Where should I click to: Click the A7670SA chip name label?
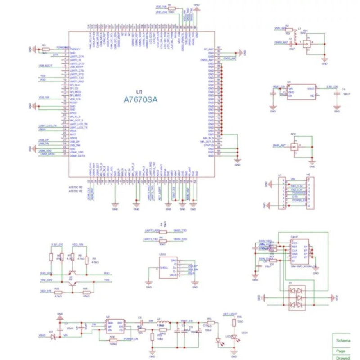140,100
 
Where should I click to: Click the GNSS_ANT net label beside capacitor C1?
280,42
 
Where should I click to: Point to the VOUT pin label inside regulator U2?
310,89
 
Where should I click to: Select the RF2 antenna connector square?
295,147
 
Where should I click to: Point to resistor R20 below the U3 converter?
112,339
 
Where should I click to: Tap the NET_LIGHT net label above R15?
229,313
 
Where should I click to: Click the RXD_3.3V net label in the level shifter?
46,273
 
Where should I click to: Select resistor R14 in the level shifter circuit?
85,292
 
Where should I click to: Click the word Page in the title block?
341,351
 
